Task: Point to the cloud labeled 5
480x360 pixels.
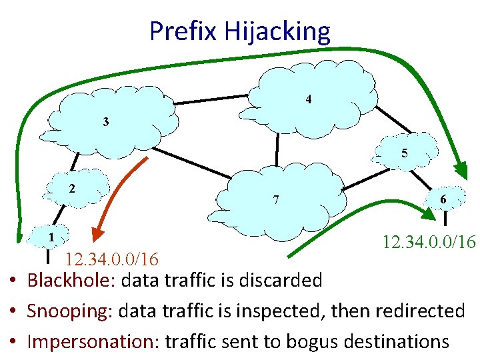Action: [x=404, y=153]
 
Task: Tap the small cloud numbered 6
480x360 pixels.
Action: [x=443, y=198]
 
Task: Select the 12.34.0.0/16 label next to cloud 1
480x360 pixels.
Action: [x=111, y=258]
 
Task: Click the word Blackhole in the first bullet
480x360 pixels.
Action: [x=72, y=280]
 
